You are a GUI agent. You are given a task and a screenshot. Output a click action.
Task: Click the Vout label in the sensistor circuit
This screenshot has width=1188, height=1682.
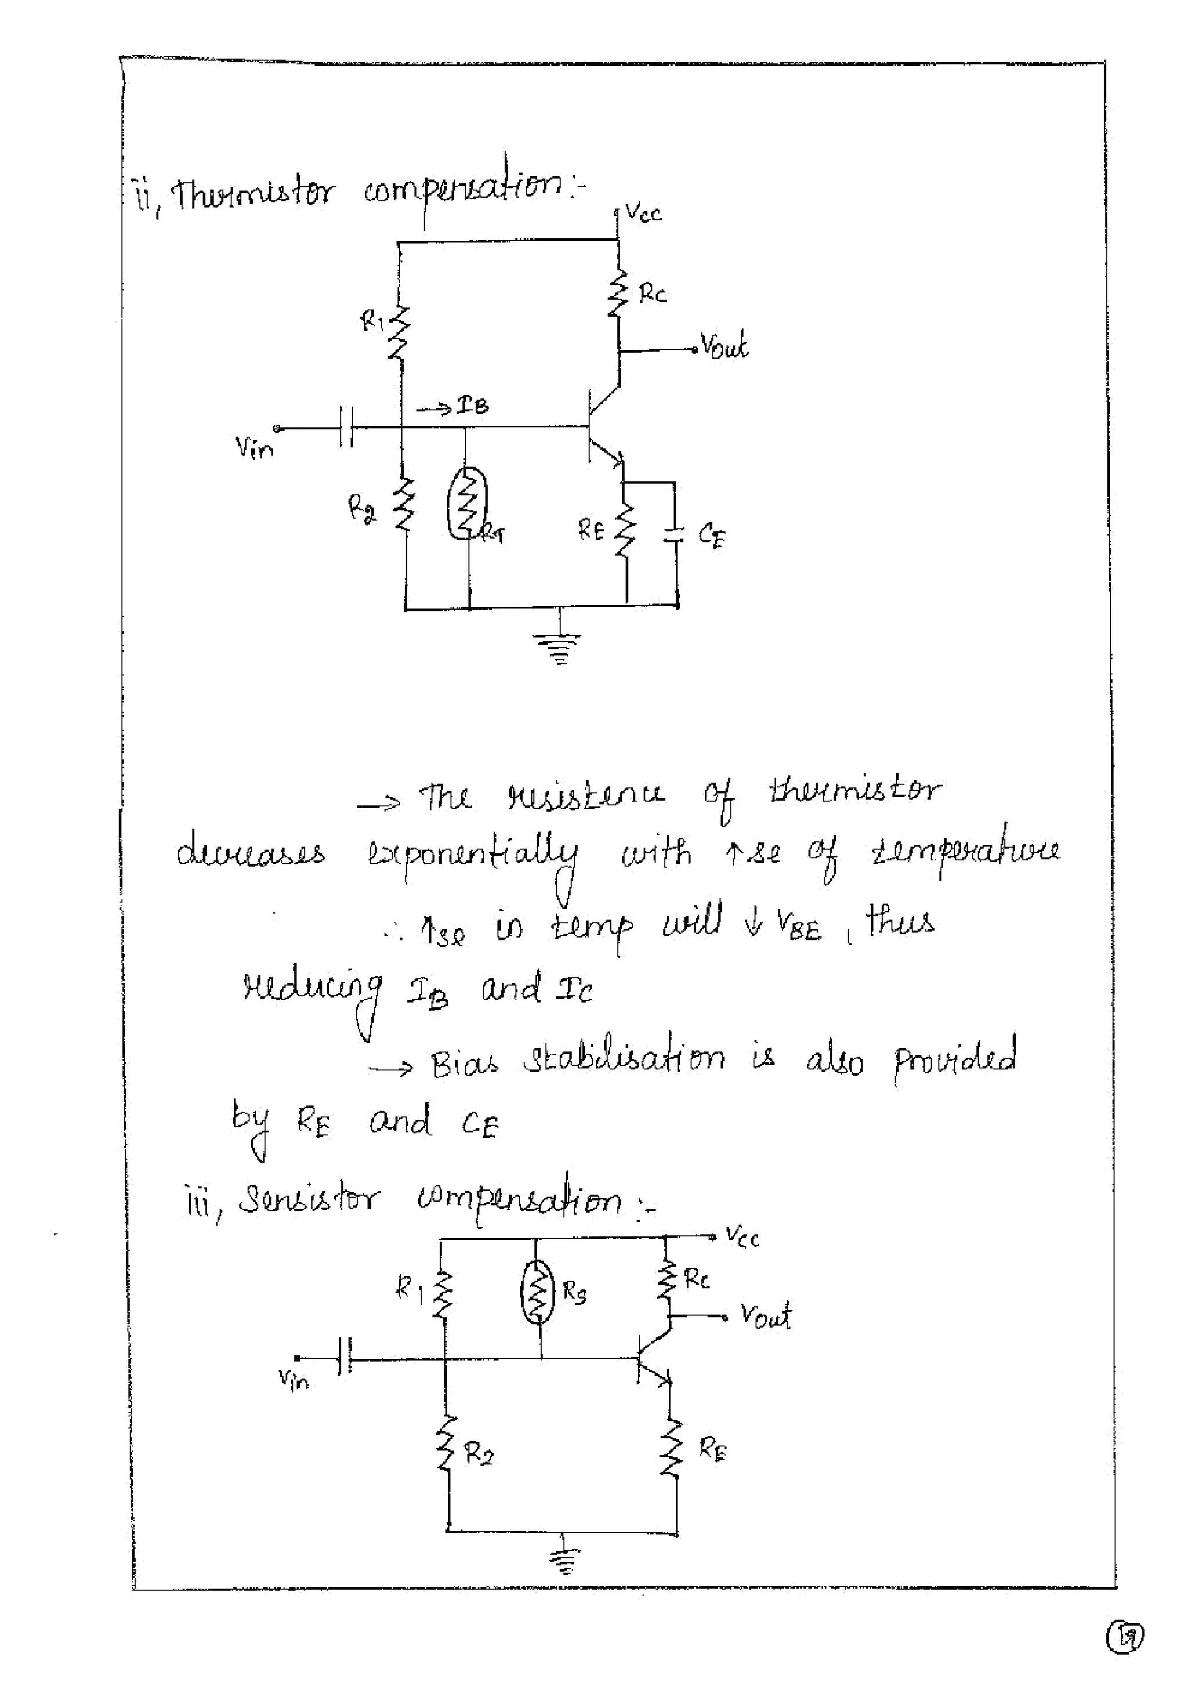click(x=765, y=1316)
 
